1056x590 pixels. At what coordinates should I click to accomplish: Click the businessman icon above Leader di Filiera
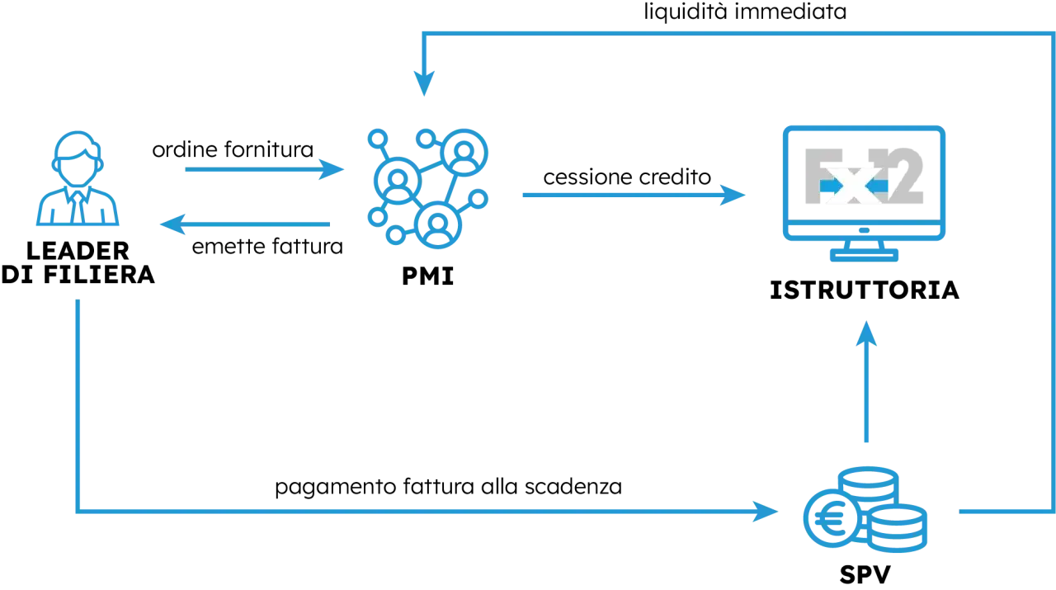pyautogui.click(x=78, y=178)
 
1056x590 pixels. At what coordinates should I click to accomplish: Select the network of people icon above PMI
pyautogui.click(x=427, y=188)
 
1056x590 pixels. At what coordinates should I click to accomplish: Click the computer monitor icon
pyautogui.click(x=864, y=193)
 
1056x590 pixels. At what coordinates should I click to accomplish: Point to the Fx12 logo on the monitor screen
pyautogui.click(x=864, y=176)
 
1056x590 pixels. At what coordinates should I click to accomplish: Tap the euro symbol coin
pyautogui.click(x=832, y=518)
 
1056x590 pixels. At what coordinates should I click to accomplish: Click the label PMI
pyautogui.click(x=427, y=276)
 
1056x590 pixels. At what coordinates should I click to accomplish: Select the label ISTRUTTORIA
pyautogui.click(x=864, y=290)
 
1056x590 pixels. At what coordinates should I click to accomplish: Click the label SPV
pyautogui.click(x=865, y=574)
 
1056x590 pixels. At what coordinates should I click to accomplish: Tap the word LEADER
pyautogui.click(x=78, y=251)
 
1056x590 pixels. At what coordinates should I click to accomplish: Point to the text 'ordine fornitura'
pyautogui.click(x=233, y=149)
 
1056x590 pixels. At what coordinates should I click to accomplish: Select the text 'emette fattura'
pyautogui.click(x=267, y=246)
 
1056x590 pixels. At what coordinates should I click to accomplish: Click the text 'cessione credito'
pyautogui.click(x=627, y=177)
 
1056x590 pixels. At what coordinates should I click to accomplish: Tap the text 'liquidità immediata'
pyautogui.click(x=745, y=12)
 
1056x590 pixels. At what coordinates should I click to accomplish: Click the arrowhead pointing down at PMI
pyautogui.click(x=424, y=84)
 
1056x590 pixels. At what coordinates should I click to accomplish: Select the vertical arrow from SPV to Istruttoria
pyautogui.click(x=866, y=381)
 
